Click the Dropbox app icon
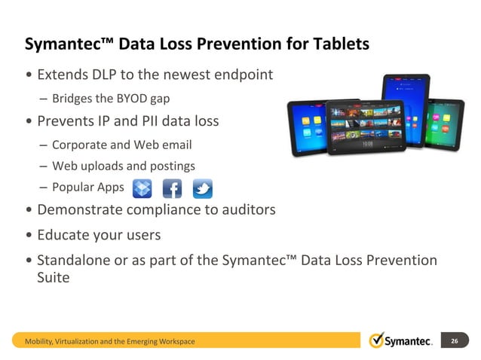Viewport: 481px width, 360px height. pyautogui.click(x=142, y=188)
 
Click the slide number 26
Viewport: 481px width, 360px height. pyautogui.click(x=454, y=341)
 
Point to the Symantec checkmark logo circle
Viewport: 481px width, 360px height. pyautogui.click(x=377, y=340)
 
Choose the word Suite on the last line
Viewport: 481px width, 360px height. pyautogui.click(x=54, y=277)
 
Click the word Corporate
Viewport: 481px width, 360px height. pyautogui.click(x=81, y=145)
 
